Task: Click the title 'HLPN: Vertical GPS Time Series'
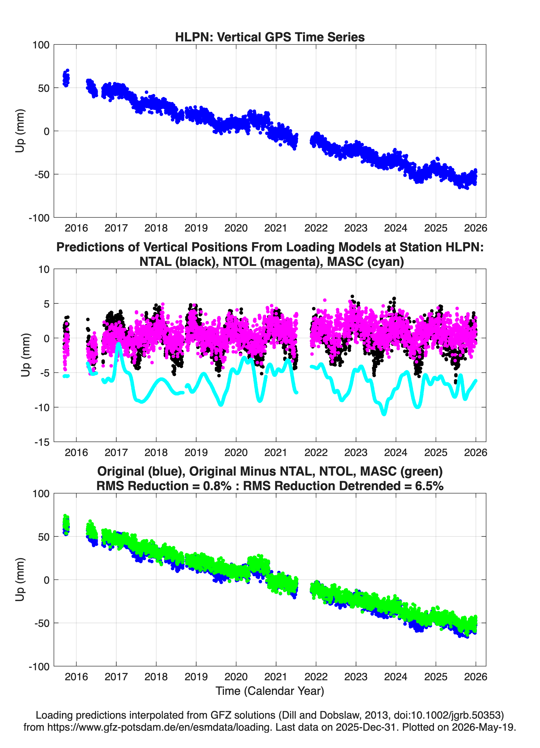pos(270,37)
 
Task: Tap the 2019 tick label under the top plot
pos(196,228)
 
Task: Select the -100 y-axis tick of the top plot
pos(39,218)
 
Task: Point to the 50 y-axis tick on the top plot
pos(44,88)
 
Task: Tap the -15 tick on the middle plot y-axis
pos(42,442)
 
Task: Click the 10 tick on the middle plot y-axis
pos(44,269)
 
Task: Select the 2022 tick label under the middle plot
pos(316,452)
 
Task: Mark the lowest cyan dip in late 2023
pos(384,414)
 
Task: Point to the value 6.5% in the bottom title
pos(429,486)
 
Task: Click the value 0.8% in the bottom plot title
pos(217,486)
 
